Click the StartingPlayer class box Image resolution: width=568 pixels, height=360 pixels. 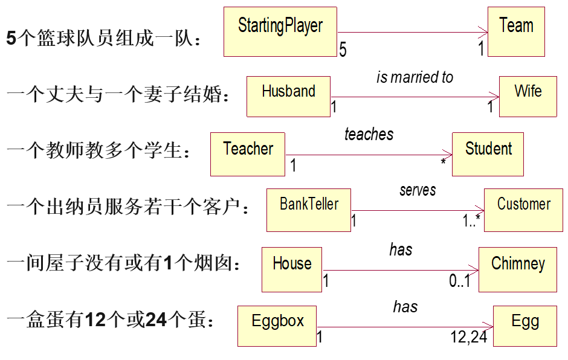280,32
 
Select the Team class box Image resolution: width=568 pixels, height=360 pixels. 516,32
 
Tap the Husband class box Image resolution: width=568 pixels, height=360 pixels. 288,96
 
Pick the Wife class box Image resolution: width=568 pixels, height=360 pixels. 528,96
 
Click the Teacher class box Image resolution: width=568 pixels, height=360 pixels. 248,154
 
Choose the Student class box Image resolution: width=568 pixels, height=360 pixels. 488,154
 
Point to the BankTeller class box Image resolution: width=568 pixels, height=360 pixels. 309,210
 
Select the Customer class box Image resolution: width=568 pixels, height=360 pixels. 523,210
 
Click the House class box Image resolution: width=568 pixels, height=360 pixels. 292,269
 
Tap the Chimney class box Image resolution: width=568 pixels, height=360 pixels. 518,269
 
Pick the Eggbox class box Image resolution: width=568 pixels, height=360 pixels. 277,326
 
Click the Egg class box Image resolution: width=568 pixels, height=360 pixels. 524,326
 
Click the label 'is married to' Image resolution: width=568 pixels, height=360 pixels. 415,77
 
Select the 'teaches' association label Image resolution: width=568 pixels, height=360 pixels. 369,134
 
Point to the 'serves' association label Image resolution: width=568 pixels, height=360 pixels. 418,190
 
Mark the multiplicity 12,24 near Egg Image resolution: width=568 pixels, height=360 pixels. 469,337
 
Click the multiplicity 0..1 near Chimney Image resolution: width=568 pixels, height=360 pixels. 460,281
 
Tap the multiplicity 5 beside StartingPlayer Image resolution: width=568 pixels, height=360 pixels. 343,50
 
